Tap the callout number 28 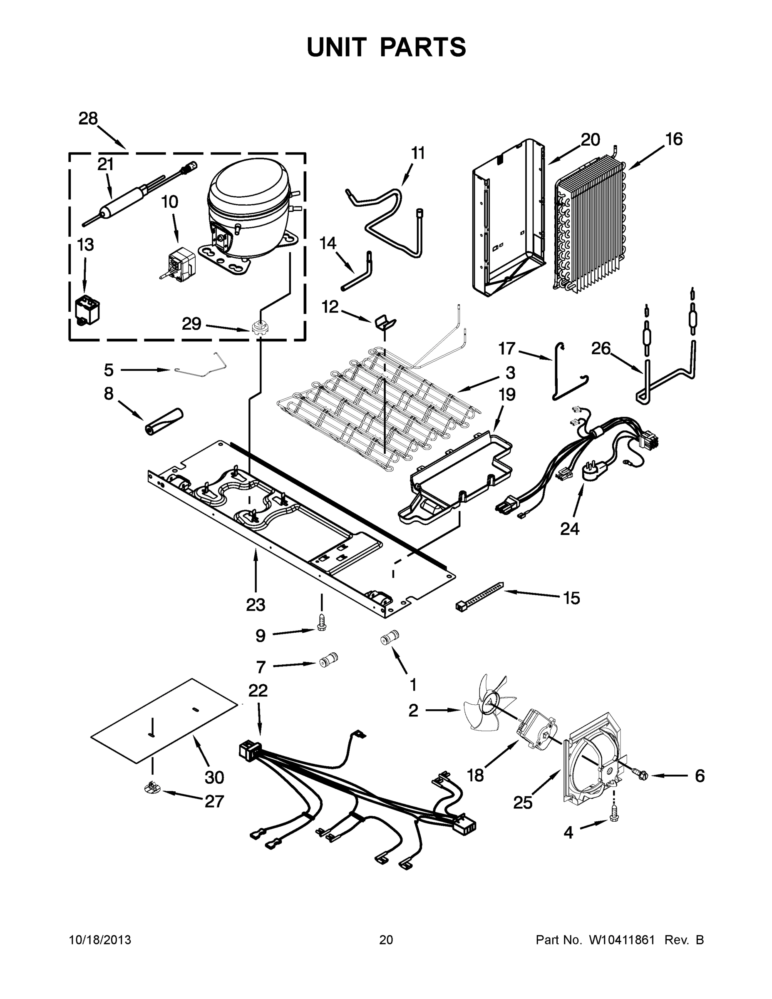(x=88, y=119)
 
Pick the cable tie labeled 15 (x=480, y=596)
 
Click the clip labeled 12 (x=385, y=323)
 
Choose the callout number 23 (x=255, y=605)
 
